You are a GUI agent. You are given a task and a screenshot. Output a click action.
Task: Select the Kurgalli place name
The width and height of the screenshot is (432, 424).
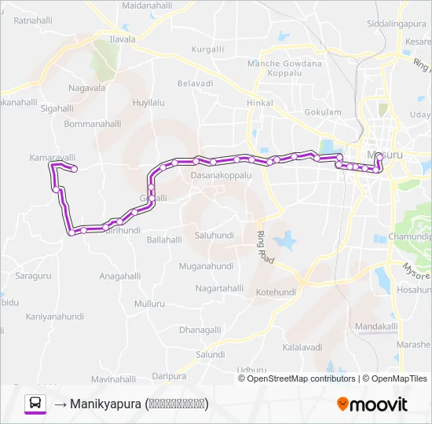(x=207, y=49)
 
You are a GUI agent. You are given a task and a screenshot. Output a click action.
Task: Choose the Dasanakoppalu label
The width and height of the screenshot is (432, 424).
(x=221, y=176)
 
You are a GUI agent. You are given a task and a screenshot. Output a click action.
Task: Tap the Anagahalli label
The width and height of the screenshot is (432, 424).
(x=120, y=276)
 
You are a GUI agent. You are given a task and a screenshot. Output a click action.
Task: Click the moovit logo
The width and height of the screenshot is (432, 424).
(x=372, y=404)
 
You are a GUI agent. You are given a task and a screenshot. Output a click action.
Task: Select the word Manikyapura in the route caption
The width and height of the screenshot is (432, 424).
(x=106, y=404)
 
